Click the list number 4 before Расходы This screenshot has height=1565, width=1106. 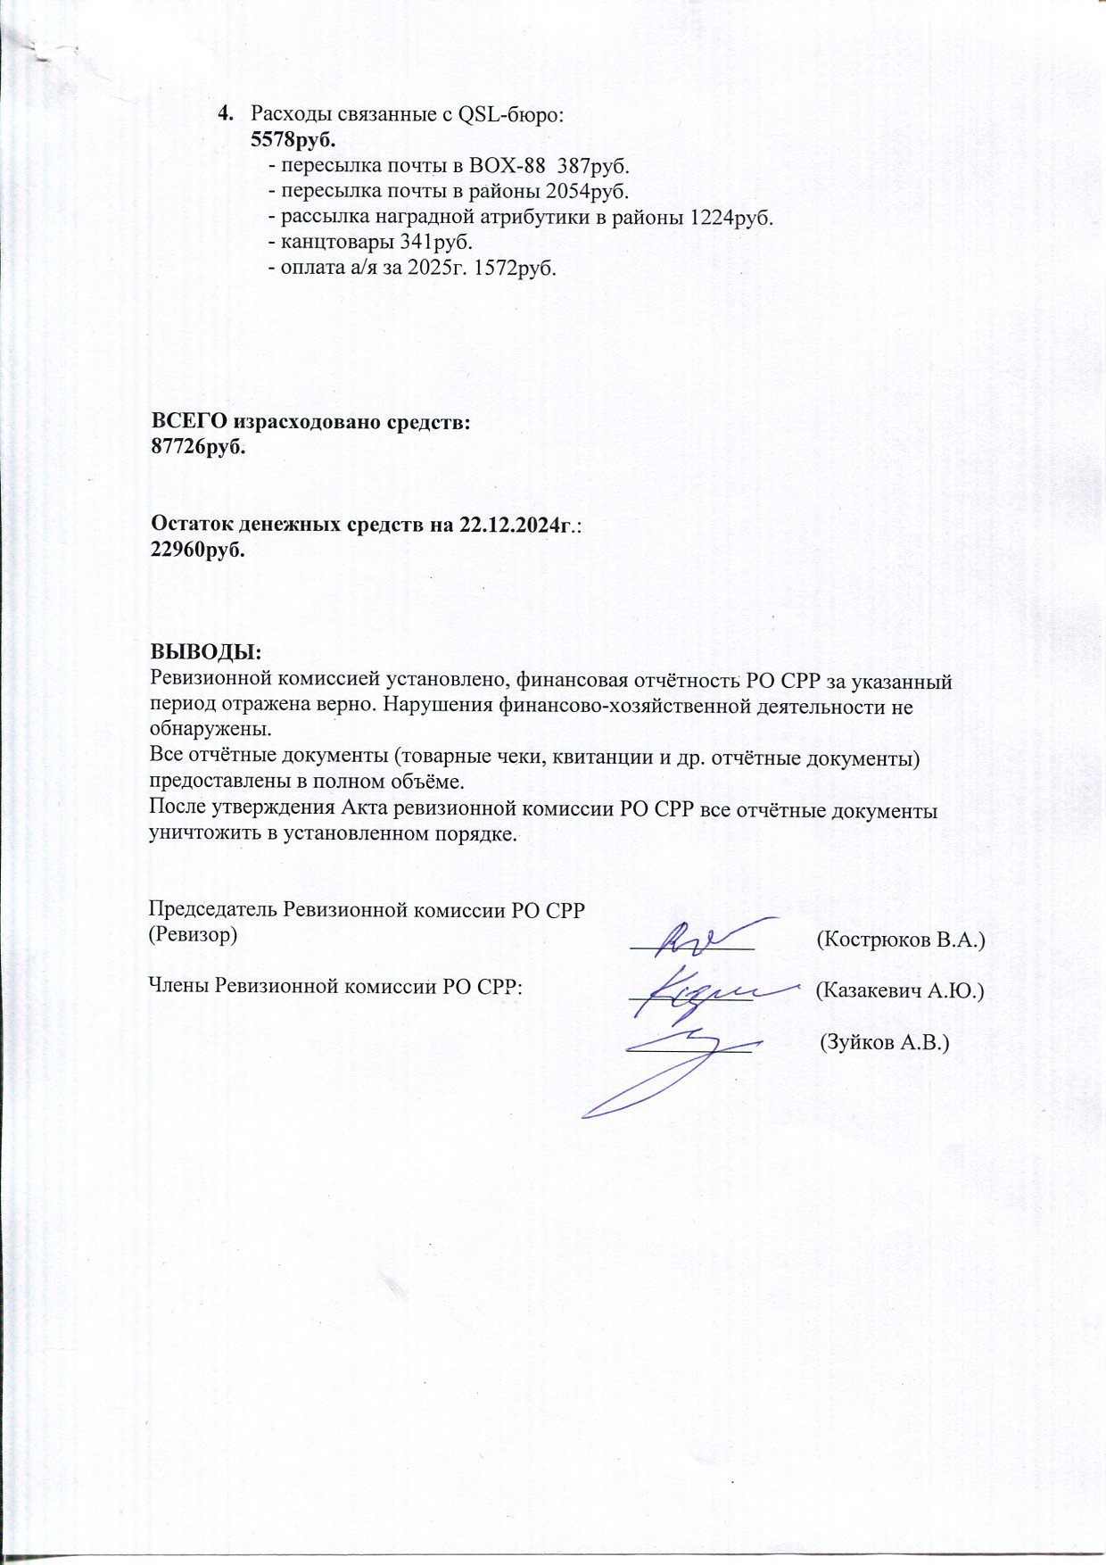tap(224, 114)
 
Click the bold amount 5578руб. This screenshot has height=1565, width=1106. tap(293, 140)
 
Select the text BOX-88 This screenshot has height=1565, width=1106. tap(501, 166)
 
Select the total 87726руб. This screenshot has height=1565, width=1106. tap(198, 447)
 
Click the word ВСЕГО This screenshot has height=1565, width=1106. tap(183, 422)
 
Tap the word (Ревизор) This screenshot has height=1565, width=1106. tap(193, 935)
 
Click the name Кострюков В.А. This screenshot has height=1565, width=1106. tap(901, 940)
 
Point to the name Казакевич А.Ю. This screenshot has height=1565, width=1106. tap(900, 990)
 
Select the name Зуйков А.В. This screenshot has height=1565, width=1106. tap(885, 1042)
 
